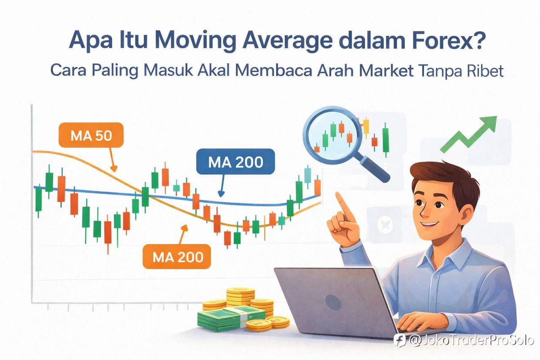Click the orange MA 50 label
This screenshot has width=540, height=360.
(91, 135)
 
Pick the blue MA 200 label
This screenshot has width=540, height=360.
(235, 162)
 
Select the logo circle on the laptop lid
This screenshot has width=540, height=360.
(333, 302)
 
